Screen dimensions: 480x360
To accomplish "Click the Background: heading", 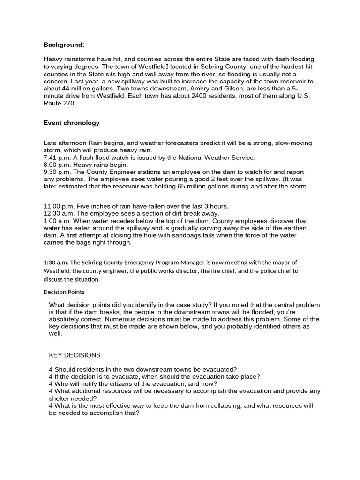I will coord(64,45).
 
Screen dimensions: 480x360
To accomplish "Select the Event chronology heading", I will coord(72,123).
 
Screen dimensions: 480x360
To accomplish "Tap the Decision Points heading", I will coord(63,292).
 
